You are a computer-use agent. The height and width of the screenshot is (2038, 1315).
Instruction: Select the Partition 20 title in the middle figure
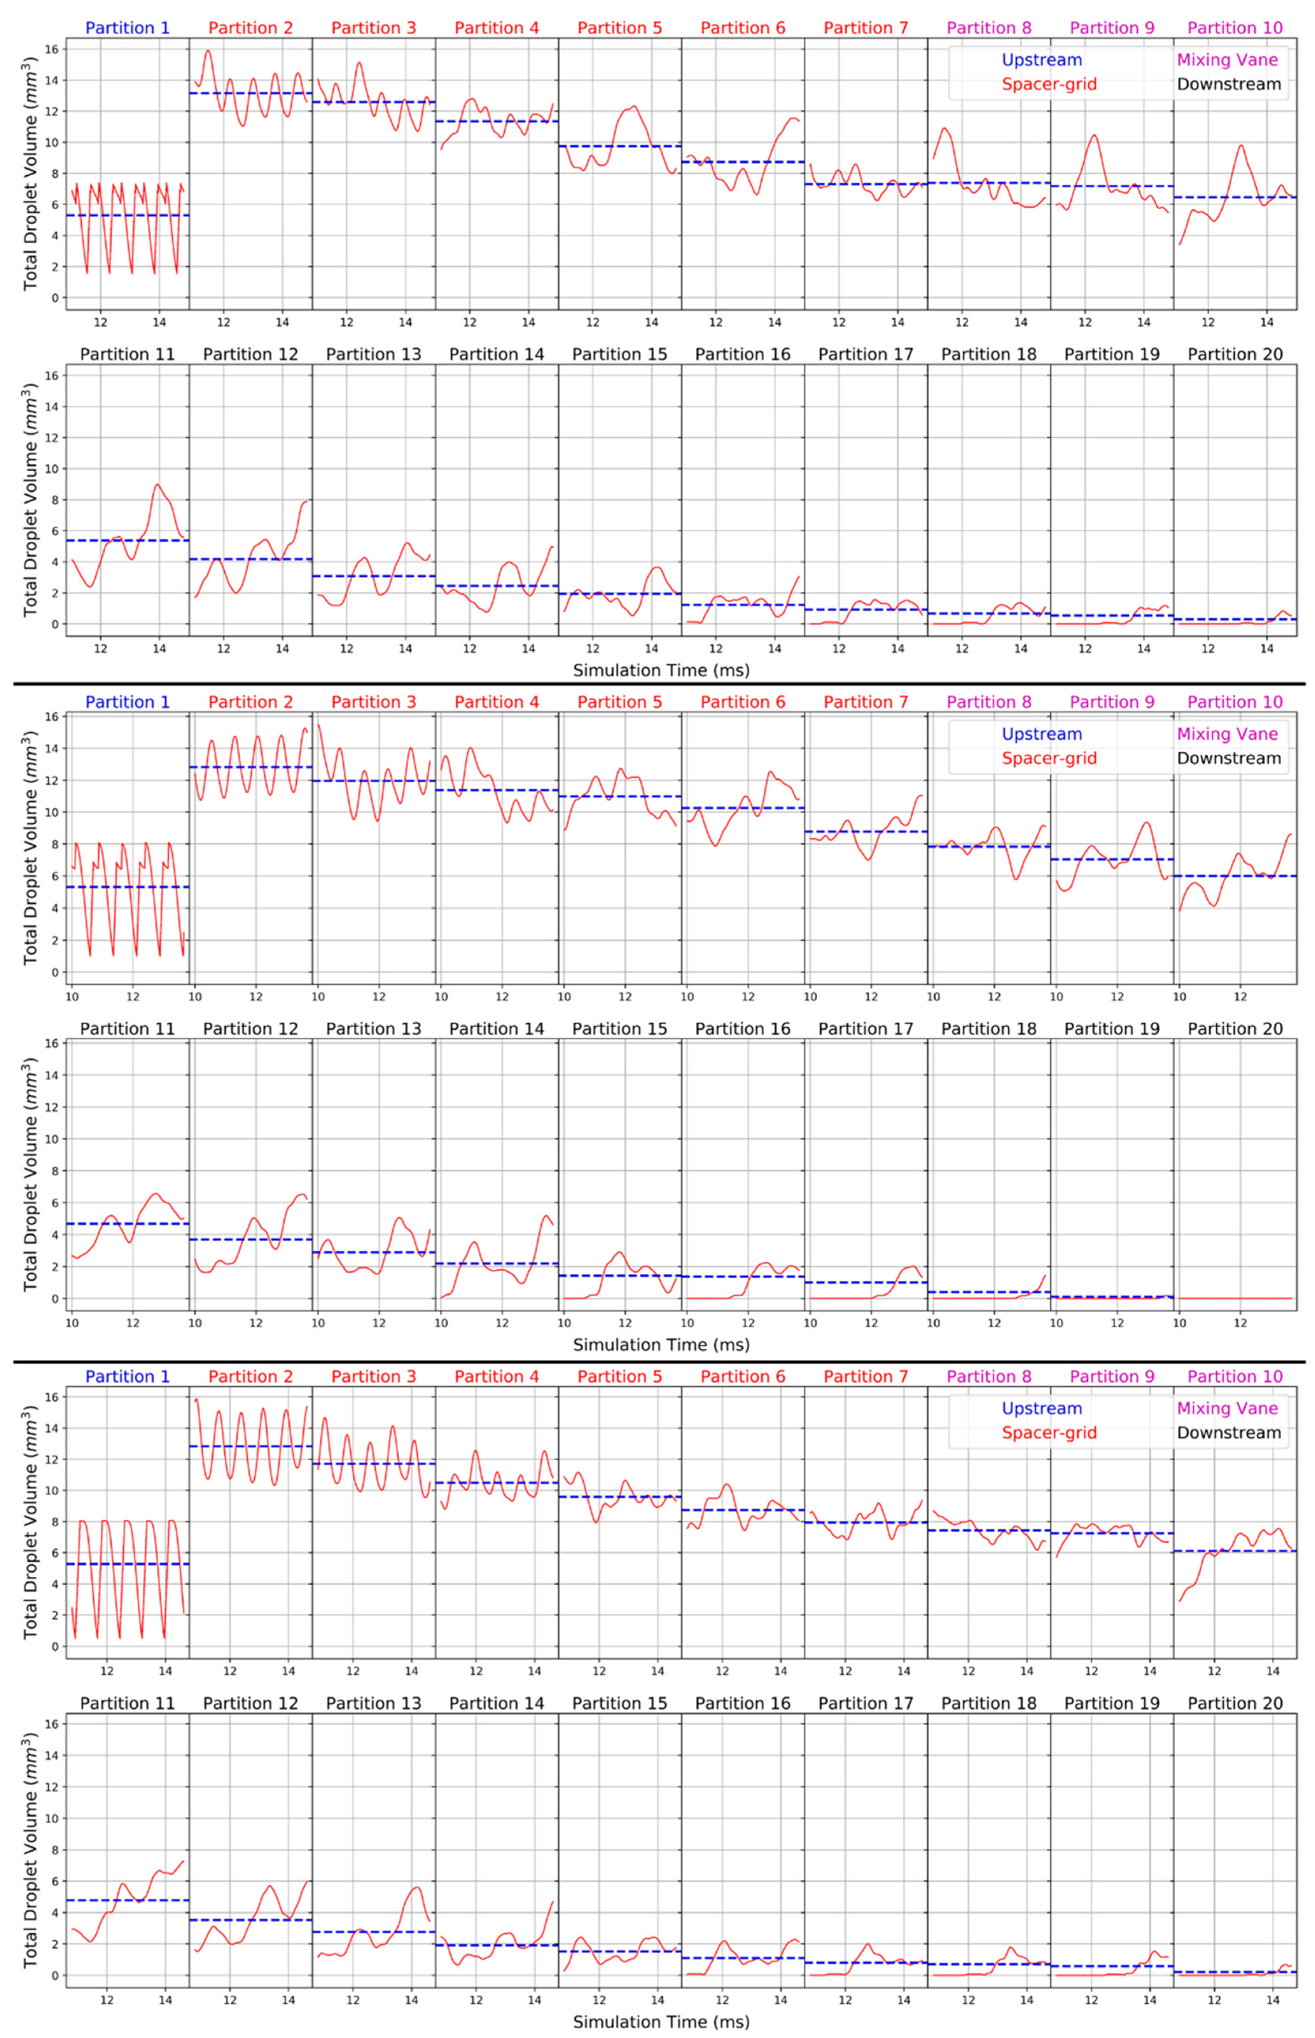point(1235,1029)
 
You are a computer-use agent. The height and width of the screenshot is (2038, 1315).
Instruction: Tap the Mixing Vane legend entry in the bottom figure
point(1227,1409)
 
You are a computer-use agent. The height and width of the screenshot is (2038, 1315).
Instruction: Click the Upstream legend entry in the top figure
point(1042,60)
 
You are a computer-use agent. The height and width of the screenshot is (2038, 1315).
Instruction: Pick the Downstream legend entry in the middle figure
point(1229,759)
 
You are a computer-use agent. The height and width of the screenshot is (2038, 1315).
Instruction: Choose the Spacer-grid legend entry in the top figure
point(1049,85)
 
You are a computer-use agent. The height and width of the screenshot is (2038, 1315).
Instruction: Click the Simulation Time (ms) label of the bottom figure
point(661,2022)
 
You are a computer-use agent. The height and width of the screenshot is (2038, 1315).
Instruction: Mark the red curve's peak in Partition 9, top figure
point(1094,135)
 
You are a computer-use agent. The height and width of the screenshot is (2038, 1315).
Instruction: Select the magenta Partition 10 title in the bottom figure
point(1235,1377)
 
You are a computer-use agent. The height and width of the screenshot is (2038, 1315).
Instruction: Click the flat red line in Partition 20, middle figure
point(1235,1298)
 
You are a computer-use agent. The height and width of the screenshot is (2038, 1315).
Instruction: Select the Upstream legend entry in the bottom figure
point(1042,1409)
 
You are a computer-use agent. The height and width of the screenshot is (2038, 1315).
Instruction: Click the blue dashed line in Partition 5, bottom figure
point(620,1497)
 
